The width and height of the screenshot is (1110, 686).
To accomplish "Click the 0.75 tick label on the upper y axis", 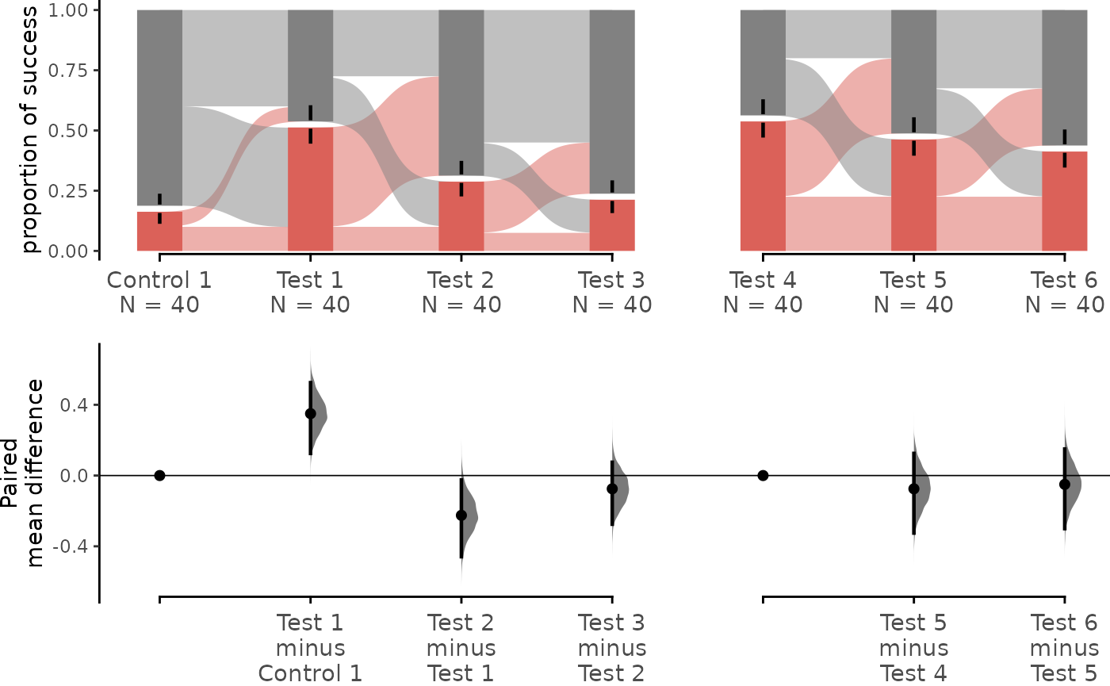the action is coord(68,71).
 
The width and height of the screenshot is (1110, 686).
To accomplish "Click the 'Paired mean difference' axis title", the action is coord(22,473).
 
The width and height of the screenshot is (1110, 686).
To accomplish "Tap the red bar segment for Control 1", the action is coord(159,232).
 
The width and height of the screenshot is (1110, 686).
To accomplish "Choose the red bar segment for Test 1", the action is coord(310,189).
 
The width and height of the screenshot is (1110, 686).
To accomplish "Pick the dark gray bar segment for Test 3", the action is coord(612,102).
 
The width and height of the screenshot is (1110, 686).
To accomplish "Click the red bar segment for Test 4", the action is coord(763,186).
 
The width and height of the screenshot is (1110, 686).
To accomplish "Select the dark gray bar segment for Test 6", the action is coord(1064,78).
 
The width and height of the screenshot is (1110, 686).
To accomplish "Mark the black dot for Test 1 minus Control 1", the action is coord(311,413).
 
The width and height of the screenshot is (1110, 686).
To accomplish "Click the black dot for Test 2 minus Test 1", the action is coord(461,515).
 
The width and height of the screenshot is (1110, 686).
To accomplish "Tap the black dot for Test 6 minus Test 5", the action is coord(1064,485).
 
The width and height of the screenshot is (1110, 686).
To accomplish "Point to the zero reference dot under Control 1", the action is coord(159,475).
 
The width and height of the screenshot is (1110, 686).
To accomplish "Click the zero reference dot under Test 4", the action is coord(763,475).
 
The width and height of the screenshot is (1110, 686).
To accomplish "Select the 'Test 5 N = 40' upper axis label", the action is coord(913,293).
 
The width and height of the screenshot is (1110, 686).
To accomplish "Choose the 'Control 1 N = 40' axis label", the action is coord(159,293).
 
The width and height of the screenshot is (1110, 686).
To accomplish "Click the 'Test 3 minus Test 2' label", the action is coord(612,648).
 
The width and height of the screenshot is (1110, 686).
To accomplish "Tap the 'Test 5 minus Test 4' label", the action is coord(913,648).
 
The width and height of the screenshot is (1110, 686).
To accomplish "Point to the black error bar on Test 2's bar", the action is coord(461,178).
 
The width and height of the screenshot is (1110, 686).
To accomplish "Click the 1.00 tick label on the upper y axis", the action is coord(68,10).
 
